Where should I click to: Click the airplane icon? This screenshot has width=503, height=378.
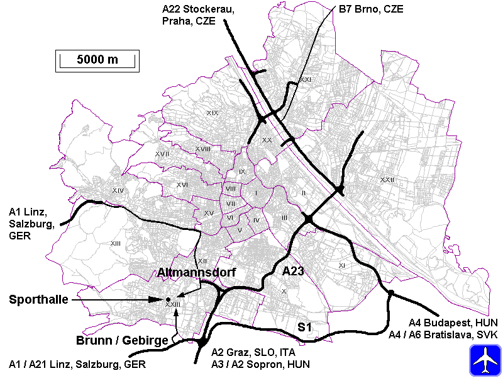click(x=485, y=360)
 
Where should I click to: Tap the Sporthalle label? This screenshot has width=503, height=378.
click(x=38, y=300)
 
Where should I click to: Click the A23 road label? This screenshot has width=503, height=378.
click(x=293, y=272)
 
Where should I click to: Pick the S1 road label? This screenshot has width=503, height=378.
click(x=305, y=327)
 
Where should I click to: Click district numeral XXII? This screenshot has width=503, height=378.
click(x=387, y=180)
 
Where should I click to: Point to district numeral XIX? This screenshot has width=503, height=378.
click(x=213, y=113)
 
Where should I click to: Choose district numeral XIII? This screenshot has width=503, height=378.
click(x=115, y=243)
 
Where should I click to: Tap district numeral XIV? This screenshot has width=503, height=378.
click(x=118, y=190)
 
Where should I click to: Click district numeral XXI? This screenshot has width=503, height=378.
click(x=306, y=80)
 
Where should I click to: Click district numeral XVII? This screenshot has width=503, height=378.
click(x=162, y=154)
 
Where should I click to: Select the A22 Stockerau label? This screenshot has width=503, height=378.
click(x=189, y=9)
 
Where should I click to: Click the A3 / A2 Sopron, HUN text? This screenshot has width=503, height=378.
click(x=260, y=364)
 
